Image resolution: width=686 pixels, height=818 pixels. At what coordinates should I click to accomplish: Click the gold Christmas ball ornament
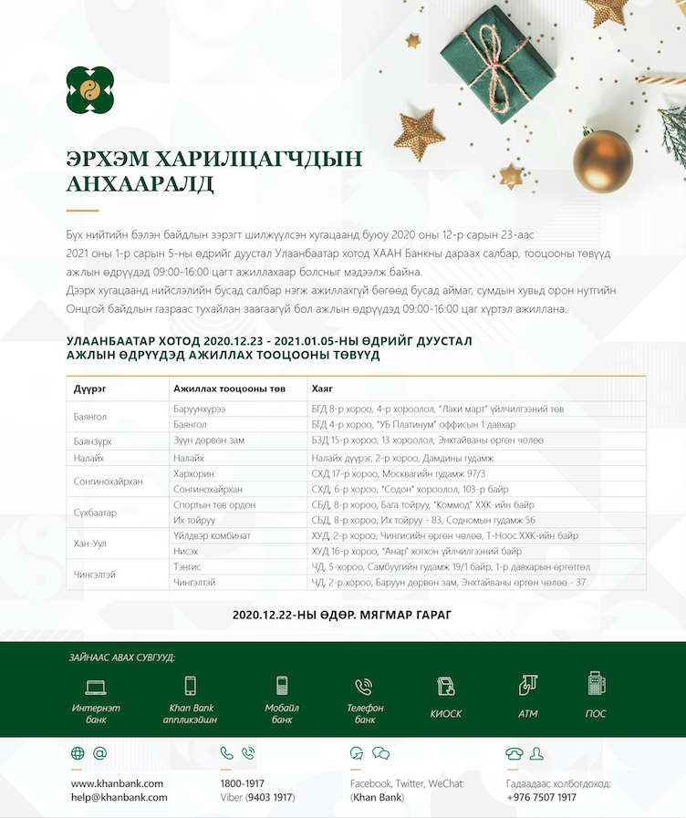click(602, 161)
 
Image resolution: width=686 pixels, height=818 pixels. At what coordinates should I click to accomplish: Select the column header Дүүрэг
click(90, 388)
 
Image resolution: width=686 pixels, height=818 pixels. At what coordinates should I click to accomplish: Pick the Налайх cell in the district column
click(88, 457)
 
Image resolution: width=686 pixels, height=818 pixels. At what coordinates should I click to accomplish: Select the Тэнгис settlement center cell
click(187, 566)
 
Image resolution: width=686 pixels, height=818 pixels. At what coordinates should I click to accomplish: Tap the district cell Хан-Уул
click(90, 544)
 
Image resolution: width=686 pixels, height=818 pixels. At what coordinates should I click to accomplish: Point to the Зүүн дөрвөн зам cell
click(209, 440)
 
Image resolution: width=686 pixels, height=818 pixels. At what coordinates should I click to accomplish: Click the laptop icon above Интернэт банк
click(96, 686)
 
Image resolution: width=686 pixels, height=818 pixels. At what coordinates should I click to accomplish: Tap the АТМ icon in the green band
click(527, 685)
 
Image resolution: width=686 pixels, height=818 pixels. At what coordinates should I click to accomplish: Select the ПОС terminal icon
click(597, 683)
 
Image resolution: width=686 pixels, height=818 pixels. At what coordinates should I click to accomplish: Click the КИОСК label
click(446, 714)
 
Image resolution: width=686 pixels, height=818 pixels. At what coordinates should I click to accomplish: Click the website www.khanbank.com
click(117, 783)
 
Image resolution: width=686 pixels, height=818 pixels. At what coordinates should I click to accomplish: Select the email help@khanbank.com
click(120, 797)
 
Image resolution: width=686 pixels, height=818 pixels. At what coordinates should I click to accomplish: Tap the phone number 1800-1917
click(242, 783)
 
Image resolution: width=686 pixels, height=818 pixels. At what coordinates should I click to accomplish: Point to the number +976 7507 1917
click(542, 797)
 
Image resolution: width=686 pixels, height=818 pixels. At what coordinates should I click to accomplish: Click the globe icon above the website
click(78, 753)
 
